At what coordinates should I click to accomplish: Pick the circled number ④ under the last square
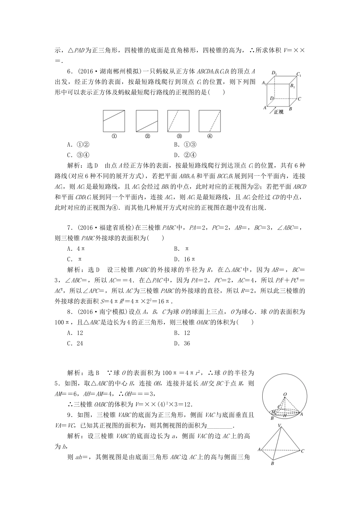[210, 137]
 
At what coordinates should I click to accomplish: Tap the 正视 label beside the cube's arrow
[279, 112]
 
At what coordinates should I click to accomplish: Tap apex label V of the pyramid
[279, 426]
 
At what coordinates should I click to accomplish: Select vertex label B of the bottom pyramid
[272, 463]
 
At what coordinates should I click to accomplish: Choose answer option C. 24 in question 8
[75, 343]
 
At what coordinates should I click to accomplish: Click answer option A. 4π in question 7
[75, 249]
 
